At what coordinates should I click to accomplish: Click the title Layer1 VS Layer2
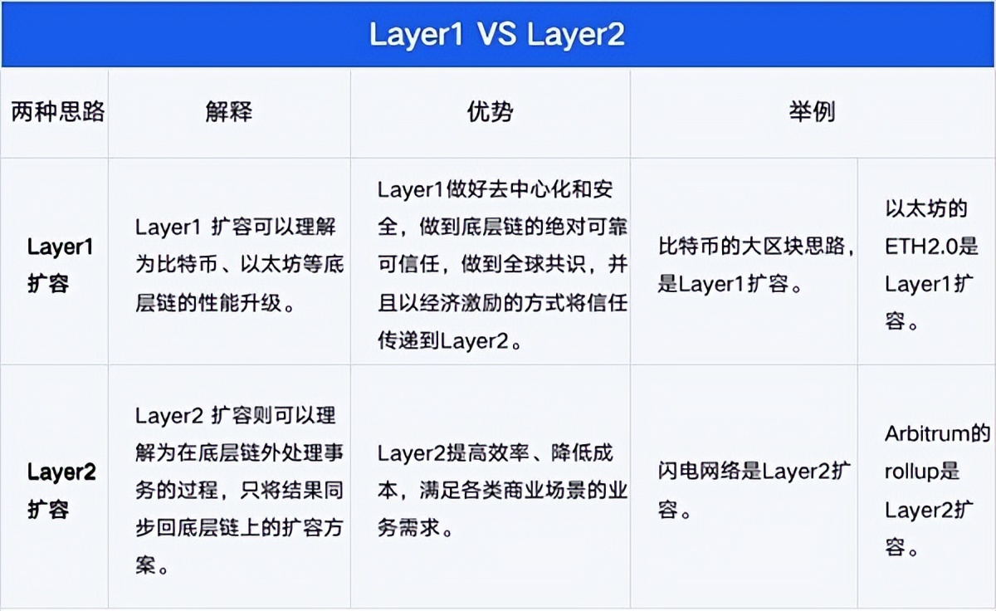tap(496, 34)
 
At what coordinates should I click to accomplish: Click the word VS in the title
tap(497, 34)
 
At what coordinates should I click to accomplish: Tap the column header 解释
tap(229, 113)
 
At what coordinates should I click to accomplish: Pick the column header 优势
tap(490, 113)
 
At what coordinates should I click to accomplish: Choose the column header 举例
tap(812, 113)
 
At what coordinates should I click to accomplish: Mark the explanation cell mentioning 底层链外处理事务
tap(239, 490)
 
